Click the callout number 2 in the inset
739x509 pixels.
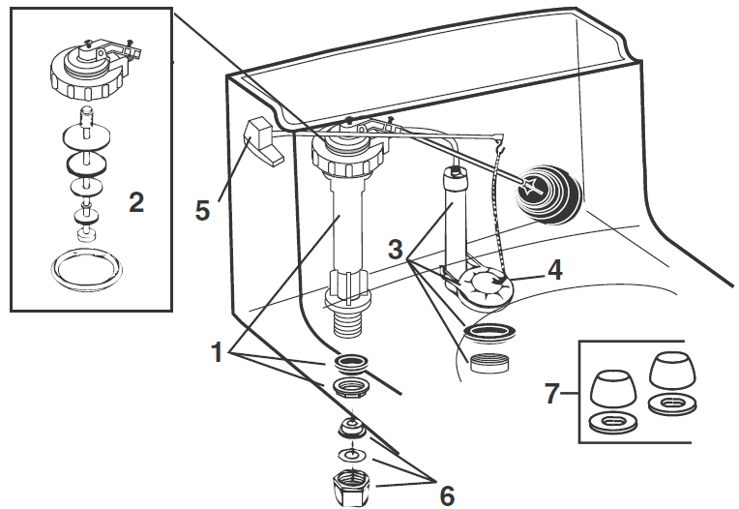coord(136,202)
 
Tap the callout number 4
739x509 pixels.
coord(554,268)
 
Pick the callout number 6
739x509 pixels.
coord(447,494)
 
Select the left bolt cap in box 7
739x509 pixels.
coord(612,387)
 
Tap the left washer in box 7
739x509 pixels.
coord(612,422)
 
